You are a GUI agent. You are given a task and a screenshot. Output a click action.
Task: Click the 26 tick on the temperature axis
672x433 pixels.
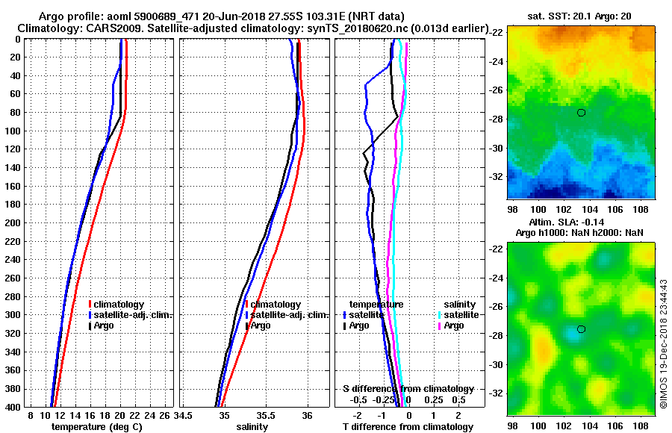[166, 414]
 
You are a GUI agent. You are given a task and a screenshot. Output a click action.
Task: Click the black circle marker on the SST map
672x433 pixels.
[581, 113]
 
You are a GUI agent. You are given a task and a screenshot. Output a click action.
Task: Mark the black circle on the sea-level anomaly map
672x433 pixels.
[581, 329]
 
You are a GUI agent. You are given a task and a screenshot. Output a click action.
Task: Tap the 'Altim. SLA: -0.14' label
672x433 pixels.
[577, 222]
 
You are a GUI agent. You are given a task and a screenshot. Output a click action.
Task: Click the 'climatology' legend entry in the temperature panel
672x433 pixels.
[119, 305]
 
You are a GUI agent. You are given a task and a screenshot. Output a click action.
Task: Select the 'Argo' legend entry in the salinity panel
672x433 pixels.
[261, 325]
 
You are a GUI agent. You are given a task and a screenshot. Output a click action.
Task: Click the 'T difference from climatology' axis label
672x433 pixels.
[408, 426]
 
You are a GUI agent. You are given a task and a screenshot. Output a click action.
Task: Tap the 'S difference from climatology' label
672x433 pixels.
[408, 389]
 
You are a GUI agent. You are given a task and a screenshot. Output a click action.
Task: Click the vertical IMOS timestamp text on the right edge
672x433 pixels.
[663, 343]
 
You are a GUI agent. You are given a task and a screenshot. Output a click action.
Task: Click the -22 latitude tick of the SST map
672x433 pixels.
[495, 34]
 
